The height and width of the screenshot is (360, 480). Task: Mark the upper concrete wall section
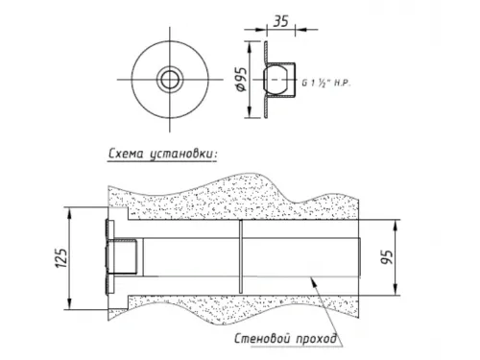pyautogui.click(x=230, y=197)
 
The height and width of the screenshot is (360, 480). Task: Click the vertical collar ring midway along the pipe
pyautogui.click(x=240, y=258)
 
